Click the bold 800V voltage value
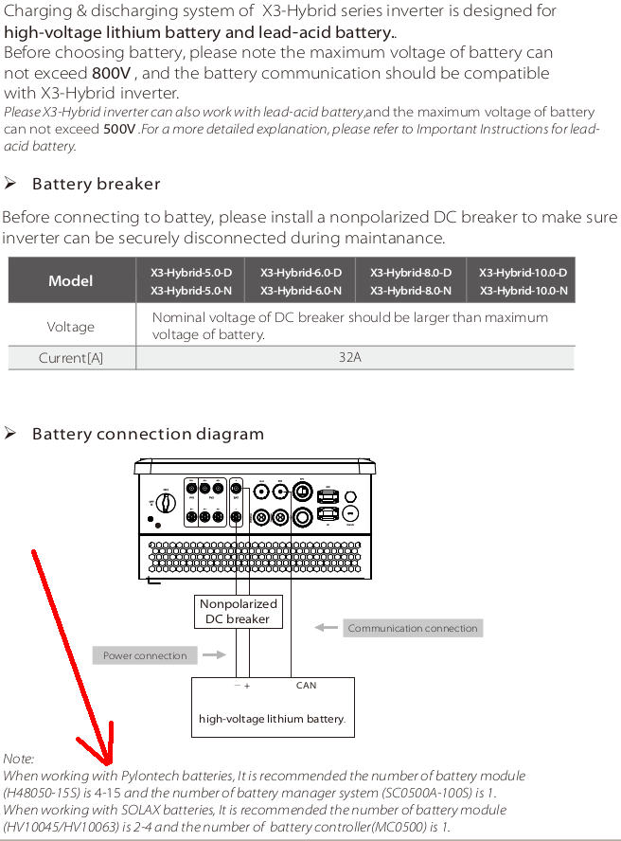pyautogui.click(x=111, y=73)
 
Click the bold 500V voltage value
pyautogui.click(x=119, y=129)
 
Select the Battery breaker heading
pyautogui.click(x=96, y=184)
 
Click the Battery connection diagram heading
pyautogui.click(x=148, y=434)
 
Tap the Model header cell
pyautogui.click(x=71, y=281)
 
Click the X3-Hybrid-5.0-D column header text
pyautogui.click(x=191, y=273)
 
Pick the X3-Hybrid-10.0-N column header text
pyautogui.click(x=523, y=291)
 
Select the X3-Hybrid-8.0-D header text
pyautogui.click(x=411, y=273)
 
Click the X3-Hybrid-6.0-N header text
pyautogui.click(x=301, y=291)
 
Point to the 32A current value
pyautogui.click(x=350, y=358)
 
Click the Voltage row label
pyautogui.click(x=71, y=327)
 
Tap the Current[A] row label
pyautogui.click(x=71, y=358)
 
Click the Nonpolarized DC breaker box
pyautogui.click(x=238, y=611)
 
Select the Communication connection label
pyautogui.click(x=412, y=628)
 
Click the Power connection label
pyautogui.click(x=146, y=655)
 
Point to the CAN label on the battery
pyautogui.click(x=306, y=685)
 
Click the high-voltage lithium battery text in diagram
pyautogui.click(x=273, y=719)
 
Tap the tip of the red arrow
pyautogui.click(x=109, y=763)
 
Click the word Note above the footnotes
pyautogui.click(x=19, y=759)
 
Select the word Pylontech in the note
pyautogui.click(x=145, y=776)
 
